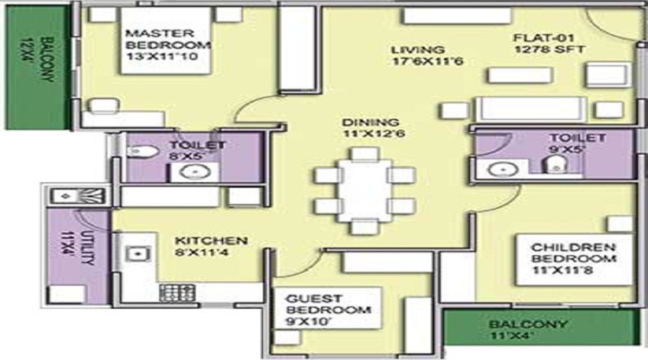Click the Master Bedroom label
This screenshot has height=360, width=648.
(x=168, y=39)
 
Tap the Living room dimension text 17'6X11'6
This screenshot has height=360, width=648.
(x=427, y=62)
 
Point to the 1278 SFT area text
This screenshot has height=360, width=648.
(x=550, y=49)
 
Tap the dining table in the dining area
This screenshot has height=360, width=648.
(x=365, y=190)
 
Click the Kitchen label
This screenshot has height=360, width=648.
(x=211, y=240)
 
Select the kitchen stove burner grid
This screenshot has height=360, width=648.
(x=177, y=293)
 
